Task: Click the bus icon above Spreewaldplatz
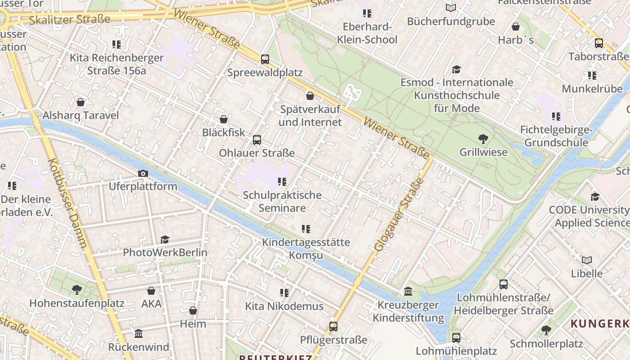pyautogui.click(x=265, y=59)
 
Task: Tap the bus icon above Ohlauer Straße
pyautogui.click(x=257, y=139)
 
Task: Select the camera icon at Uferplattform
pyautogui.click(x=143, y=173)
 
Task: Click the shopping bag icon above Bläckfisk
pyautogui.click(x=224, y=119)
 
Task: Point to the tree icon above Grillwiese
pyautogui.click(x=483, y=139)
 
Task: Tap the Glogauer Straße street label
pyautogui.click(x=399, y=215)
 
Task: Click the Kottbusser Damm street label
pyautogui.click(x=67, y=203)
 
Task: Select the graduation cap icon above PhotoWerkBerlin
pyautogui.click(x=165, y=239)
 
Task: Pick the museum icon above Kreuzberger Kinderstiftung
pyautogui.click(x=408, y=292)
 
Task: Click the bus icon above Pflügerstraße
pyautogui.click(x=333, y=327)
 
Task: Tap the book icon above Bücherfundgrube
pyautogui.click(x=451, y=8)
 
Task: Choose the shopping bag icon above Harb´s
pyautogui.click(x=516, y=27)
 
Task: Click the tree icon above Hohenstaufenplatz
pyautogui.click(x=77, y=290)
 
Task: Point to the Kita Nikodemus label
pyautogui.click(x=284, y=306)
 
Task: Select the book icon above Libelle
pyautogui.click(x=587, y=260)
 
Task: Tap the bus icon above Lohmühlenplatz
pyautogui.click(x=456, y=337)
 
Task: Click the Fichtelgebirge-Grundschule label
pyautogui.click(x=556, y=136)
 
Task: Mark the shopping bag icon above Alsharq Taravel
pyautogui.click(x=81, y=102)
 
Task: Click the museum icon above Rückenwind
pyautogui.click(x=139, y=334)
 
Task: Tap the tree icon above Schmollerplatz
pyautogui.click(x=546, y=330)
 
